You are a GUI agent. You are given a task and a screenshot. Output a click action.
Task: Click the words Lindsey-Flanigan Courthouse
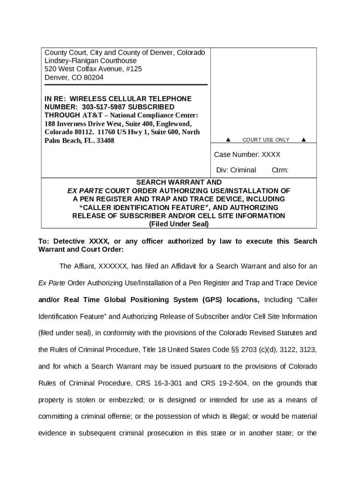(x=91, y=61)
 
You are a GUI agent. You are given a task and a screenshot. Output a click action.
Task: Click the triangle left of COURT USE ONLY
(x=228, y=140)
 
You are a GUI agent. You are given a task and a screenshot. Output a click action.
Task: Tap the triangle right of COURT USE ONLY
(x=303, y=140)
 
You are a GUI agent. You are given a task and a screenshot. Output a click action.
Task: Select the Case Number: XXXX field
(x=247, y=155)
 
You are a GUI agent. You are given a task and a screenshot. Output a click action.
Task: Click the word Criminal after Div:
(x=243, y=170)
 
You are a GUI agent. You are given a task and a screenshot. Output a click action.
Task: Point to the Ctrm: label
(x=280, y=170)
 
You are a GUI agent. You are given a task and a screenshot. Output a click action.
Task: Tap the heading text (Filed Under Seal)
(x=179, y=224)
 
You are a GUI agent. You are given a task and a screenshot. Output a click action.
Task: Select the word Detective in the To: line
(x=69, y=241)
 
